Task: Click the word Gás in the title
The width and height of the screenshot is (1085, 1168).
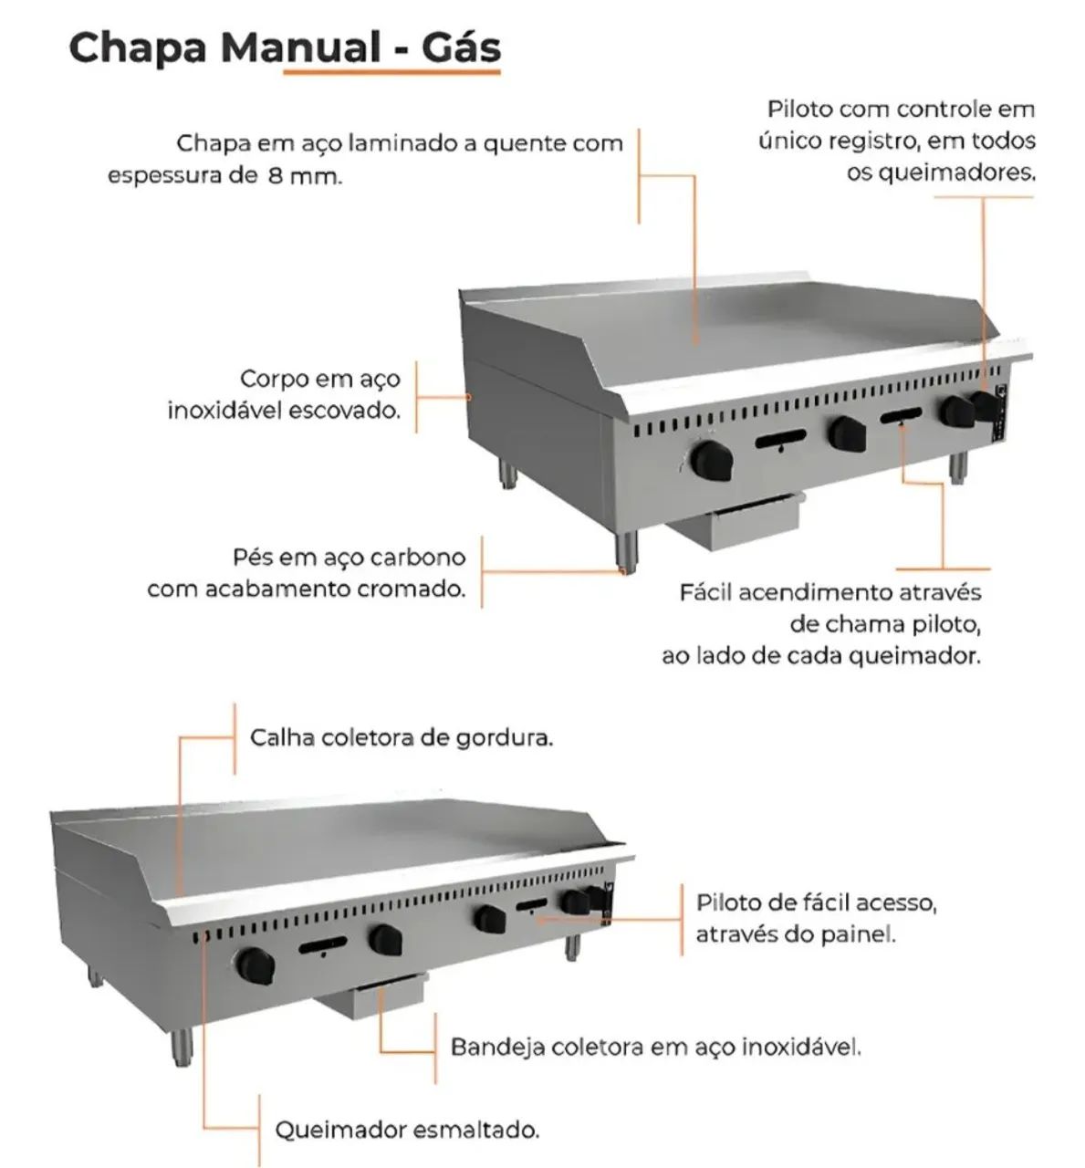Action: click(x=461, y=47)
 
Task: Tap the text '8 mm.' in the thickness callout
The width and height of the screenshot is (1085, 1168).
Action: click(x=305, y=176)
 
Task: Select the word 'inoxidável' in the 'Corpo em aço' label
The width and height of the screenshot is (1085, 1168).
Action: click(x=224, y=411)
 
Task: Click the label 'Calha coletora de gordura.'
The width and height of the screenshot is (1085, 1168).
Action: click(x=402, y=737)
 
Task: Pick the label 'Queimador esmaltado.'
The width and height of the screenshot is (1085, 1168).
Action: click(x=407, y=1130)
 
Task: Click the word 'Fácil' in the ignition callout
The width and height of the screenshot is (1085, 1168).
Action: click(x=705, y=592)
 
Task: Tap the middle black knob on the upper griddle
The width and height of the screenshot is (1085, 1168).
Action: click(x=846, y=433)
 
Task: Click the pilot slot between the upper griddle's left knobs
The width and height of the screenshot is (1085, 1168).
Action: click(x=779, y=442)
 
